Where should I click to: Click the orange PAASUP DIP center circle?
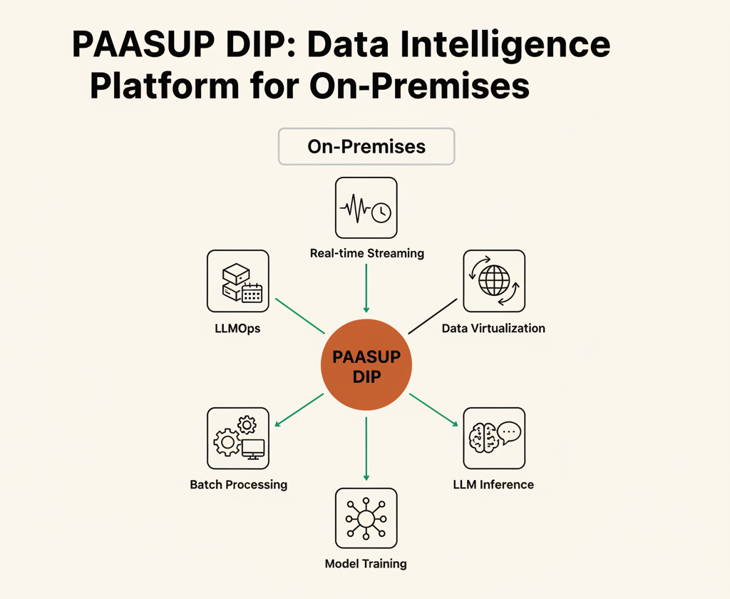[366, 364]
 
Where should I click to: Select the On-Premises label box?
[366, 146]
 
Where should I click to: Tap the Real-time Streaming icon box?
[366, 208]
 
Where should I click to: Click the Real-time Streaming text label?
[367, 253]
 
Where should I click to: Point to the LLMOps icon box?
[238, 281]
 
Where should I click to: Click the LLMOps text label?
[237, 328]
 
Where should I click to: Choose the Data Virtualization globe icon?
[494, 281]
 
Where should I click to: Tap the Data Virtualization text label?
[493, 328]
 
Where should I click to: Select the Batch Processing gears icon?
[238, 439]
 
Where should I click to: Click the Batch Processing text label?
[238, 484]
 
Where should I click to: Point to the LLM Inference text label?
[493, 484]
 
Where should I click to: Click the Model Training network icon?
[366, 518]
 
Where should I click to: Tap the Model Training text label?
[366, 563]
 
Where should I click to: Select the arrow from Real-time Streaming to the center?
[366, 288]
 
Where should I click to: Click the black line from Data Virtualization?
[433, 317]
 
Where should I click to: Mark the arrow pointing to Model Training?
[366, 449]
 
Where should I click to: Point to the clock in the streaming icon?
[381, 213]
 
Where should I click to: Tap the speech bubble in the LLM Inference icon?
[509, 432]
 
